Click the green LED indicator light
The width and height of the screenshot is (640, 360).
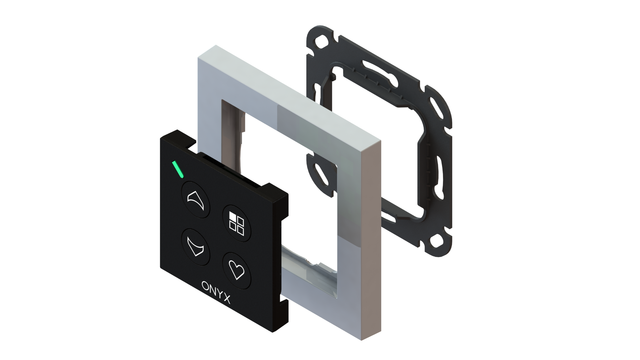click(x=177, y=169)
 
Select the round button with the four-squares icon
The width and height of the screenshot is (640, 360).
click(x=237, y=223)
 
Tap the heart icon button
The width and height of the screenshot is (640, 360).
click(x=237, y=270)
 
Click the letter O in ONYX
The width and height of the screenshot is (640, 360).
click(x=205, y=286)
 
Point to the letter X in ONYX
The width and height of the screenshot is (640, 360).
click(x=227, y=299)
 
